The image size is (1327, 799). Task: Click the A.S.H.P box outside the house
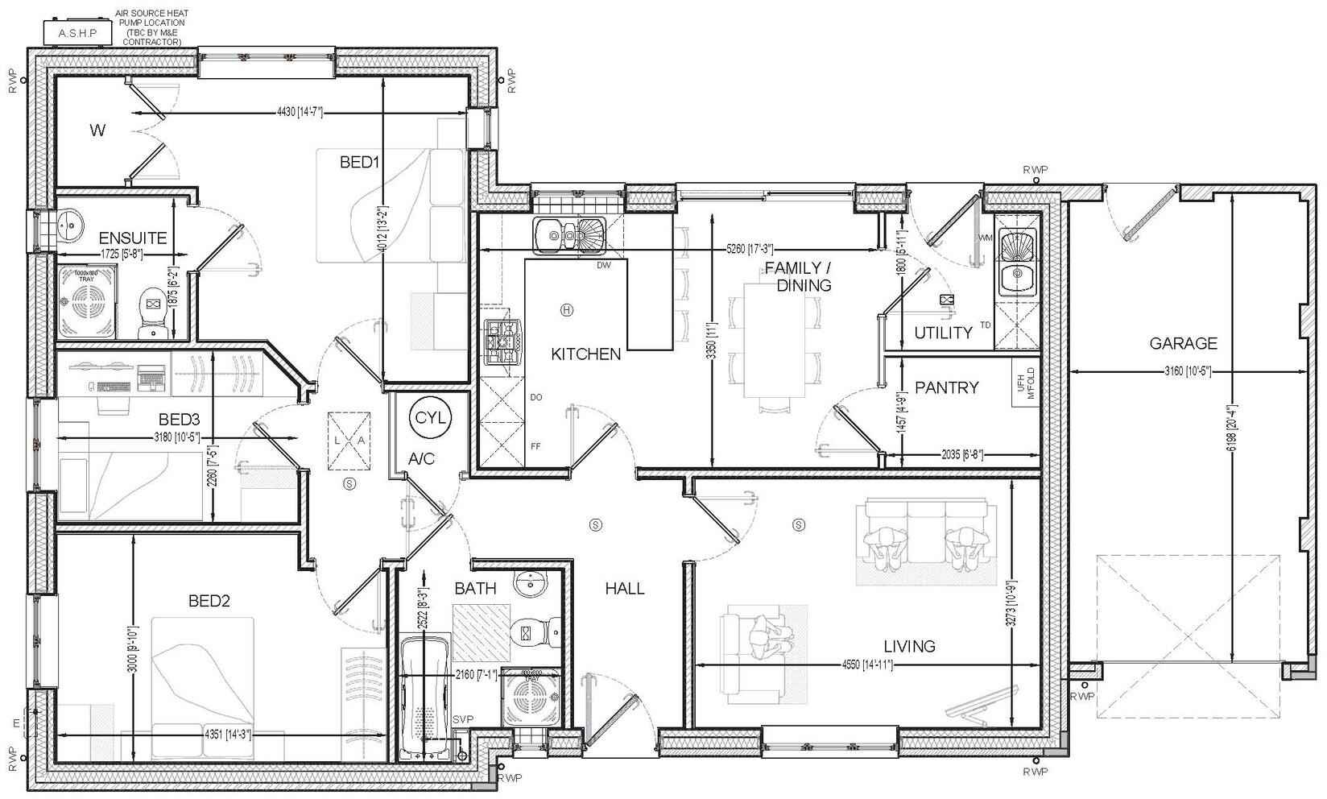(x=78, y=33)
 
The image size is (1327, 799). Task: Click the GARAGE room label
(x=1183, y=344)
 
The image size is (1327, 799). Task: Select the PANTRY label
(x=947, y=387)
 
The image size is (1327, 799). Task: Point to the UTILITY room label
(x=943, y=333)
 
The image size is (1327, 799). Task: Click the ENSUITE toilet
(x=151, y=313)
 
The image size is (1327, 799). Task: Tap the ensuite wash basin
(x=68, y=223)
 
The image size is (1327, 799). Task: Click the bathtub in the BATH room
(x=425, y=697)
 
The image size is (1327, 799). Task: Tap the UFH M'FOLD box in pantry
(x=1026, y=385)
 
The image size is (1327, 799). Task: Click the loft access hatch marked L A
(x=349, y=440)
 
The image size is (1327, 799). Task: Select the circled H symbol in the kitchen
(x=567, y=309)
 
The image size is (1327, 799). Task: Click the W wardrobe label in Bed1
(x=97, y=130)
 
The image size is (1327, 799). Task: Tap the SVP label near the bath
(x=463, y=719)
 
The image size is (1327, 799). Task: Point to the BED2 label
(x=209, y=600)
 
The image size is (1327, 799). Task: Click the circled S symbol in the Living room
(x=799, y=524)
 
